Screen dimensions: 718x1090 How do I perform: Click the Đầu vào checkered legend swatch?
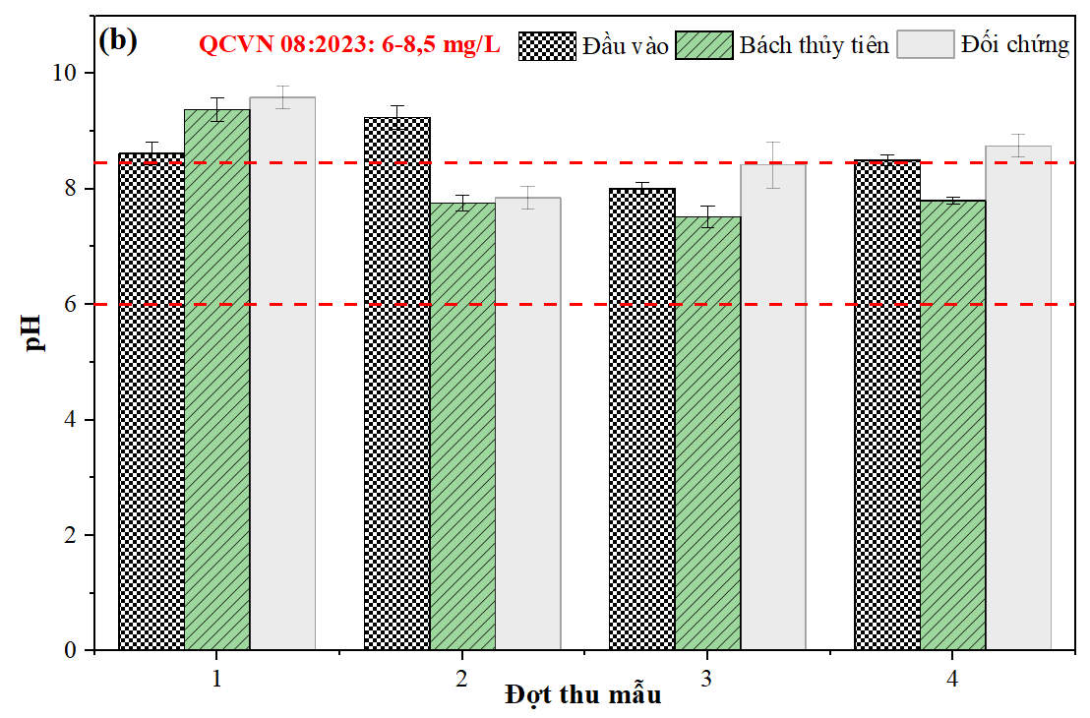point(546,45)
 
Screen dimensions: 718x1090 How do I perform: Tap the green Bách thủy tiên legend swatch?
point(704,45)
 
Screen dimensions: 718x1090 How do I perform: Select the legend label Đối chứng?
point(1015,45)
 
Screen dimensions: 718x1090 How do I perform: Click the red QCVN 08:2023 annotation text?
point(349,45)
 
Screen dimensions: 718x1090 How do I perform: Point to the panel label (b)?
point(118,40)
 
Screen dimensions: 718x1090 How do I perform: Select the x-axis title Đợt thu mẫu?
point(583,695)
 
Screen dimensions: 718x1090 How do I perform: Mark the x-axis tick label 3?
point(706,679)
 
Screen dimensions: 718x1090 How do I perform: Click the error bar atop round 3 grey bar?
point(772,164)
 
